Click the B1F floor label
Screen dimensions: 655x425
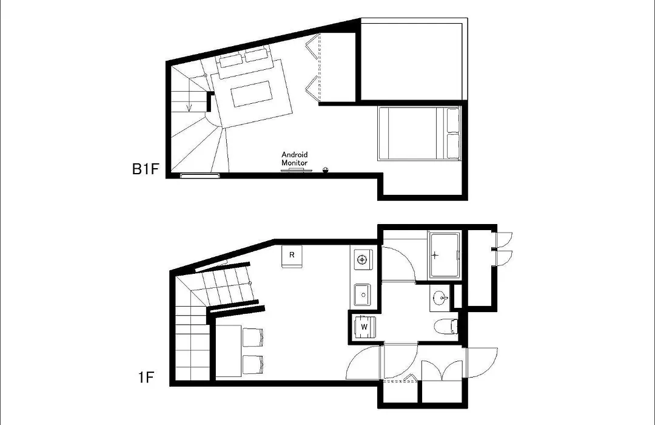click(x=146, y=169)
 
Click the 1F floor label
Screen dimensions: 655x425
click(x=146, y=378)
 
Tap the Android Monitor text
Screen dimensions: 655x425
click(x=295, y=158)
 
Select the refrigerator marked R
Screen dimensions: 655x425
click(x=292, y=257)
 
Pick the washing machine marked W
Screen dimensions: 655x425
click(x=364, y=327)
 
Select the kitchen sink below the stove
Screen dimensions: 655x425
click(x=362, y=295)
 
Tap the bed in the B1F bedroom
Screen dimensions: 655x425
click(x=419, y=134)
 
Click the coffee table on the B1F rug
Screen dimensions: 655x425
click(x=251, y=94)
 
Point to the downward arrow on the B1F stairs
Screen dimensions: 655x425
click(x=189, y=95)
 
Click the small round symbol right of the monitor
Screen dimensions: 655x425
click(x=326, y=169)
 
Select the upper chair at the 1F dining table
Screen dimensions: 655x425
click(x=253, y=338)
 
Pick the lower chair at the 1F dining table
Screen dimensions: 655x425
click(x=253, y=364)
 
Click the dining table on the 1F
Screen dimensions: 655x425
click(x=229, y=351)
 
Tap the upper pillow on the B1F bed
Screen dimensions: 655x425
click(x=453, y=120)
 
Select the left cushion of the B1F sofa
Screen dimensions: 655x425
click(x=230, y=60)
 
